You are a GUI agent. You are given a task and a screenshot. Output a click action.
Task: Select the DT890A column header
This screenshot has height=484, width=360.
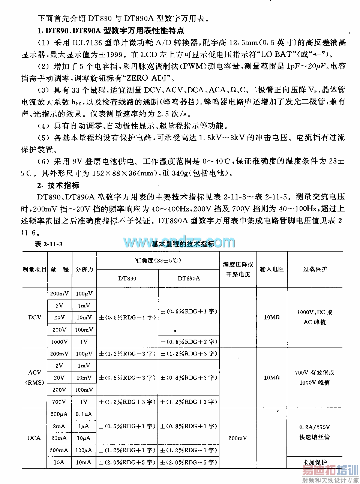click(x=189, y=279)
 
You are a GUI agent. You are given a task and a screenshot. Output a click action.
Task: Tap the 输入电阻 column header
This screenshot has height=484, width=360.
click(x=272, y=269)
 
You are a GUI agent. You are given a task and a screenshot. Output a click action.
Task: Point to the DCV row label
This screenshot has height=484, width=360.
click(x=35, y=318)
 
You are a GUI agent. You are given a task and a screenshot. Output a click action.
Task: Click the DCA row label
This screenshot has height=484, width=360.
click(x=35, y=438)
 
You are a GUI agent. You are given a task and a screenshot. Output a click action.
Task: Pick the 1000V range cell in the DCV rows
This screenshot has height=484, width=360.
click(x=59, y=342)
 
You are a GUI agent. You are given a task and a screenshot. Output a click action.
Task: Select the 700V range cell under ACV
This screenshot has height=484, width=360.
click(x=59, y=402)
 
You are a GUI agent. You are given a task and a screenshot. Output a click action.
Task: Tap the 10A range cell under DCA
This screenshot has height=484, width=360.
click(x=59, y=462)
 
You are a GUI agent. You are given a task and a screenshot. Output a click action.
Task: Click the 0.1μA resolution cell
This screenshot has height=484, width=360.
click(x=84, y=414)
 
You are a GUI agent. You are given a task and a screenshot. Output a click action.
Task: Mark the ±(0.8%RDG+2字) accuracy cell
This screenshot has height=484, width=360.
click(x=189, y=342)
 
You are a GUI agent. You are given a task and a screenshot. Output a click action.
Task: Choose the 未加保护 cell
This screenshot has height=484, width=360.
click(x=315, y=462)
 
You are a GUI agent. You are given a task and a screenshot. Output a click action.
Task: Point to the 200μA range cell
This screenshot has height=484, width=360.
click(x=59, y=414)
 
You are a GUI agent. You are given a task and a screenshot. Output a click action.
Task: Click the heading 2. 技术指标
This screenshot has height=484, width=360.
click(x=58, y=185)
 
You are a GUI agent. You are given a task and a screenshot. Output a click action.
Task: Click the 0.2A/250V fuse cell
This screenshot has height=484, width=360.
click(x=315, y=427)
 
